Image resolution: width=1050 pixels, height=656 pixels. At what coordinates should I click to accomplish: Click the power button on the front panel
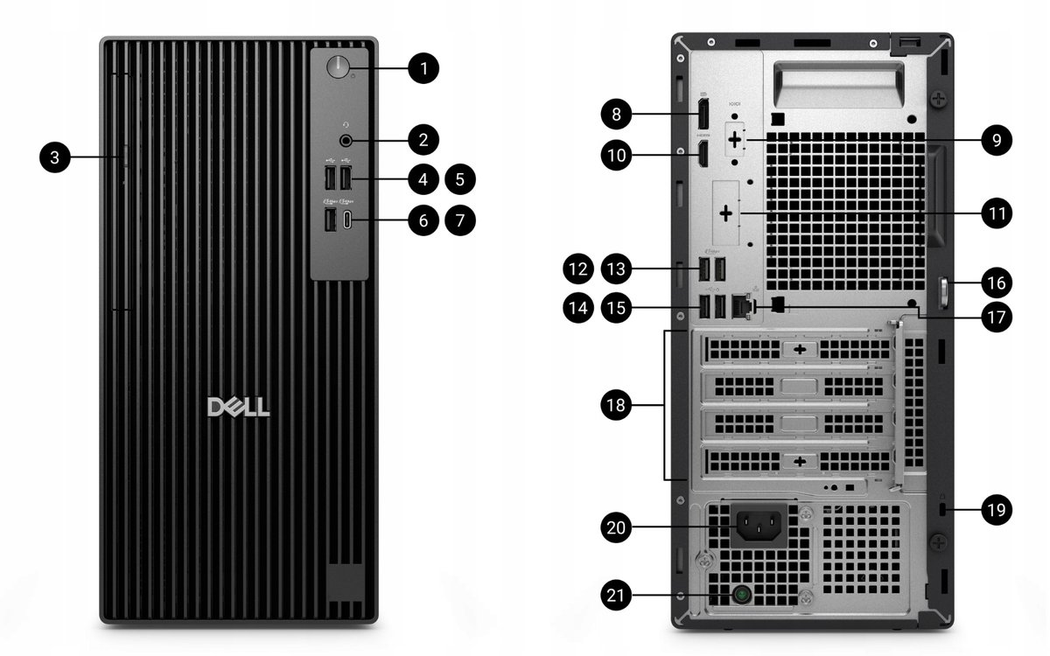coord(337,68)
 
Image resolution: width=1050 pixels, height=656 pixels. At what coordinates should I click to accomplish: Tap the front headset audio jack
coord(346,139)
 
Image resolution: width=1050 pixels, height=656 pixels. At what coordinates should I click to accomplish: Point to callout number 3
coord(55,157)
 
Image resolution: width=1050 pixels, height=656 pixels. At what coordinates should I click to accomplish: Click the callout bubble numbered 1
coord(423,68)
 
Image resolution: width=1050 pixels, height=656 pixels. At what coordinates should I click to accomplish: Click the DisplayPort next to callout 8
coord(703,113)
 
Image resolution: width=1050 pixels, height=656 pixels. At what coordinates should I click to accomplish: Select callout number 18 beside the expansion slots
coord(619,405)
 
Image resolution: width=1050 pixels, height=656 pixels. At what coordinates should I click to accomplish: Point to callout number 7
coord(460,220)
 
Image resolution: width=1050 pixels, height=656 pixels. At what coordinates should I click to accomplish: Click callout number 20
coord(619,527)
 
